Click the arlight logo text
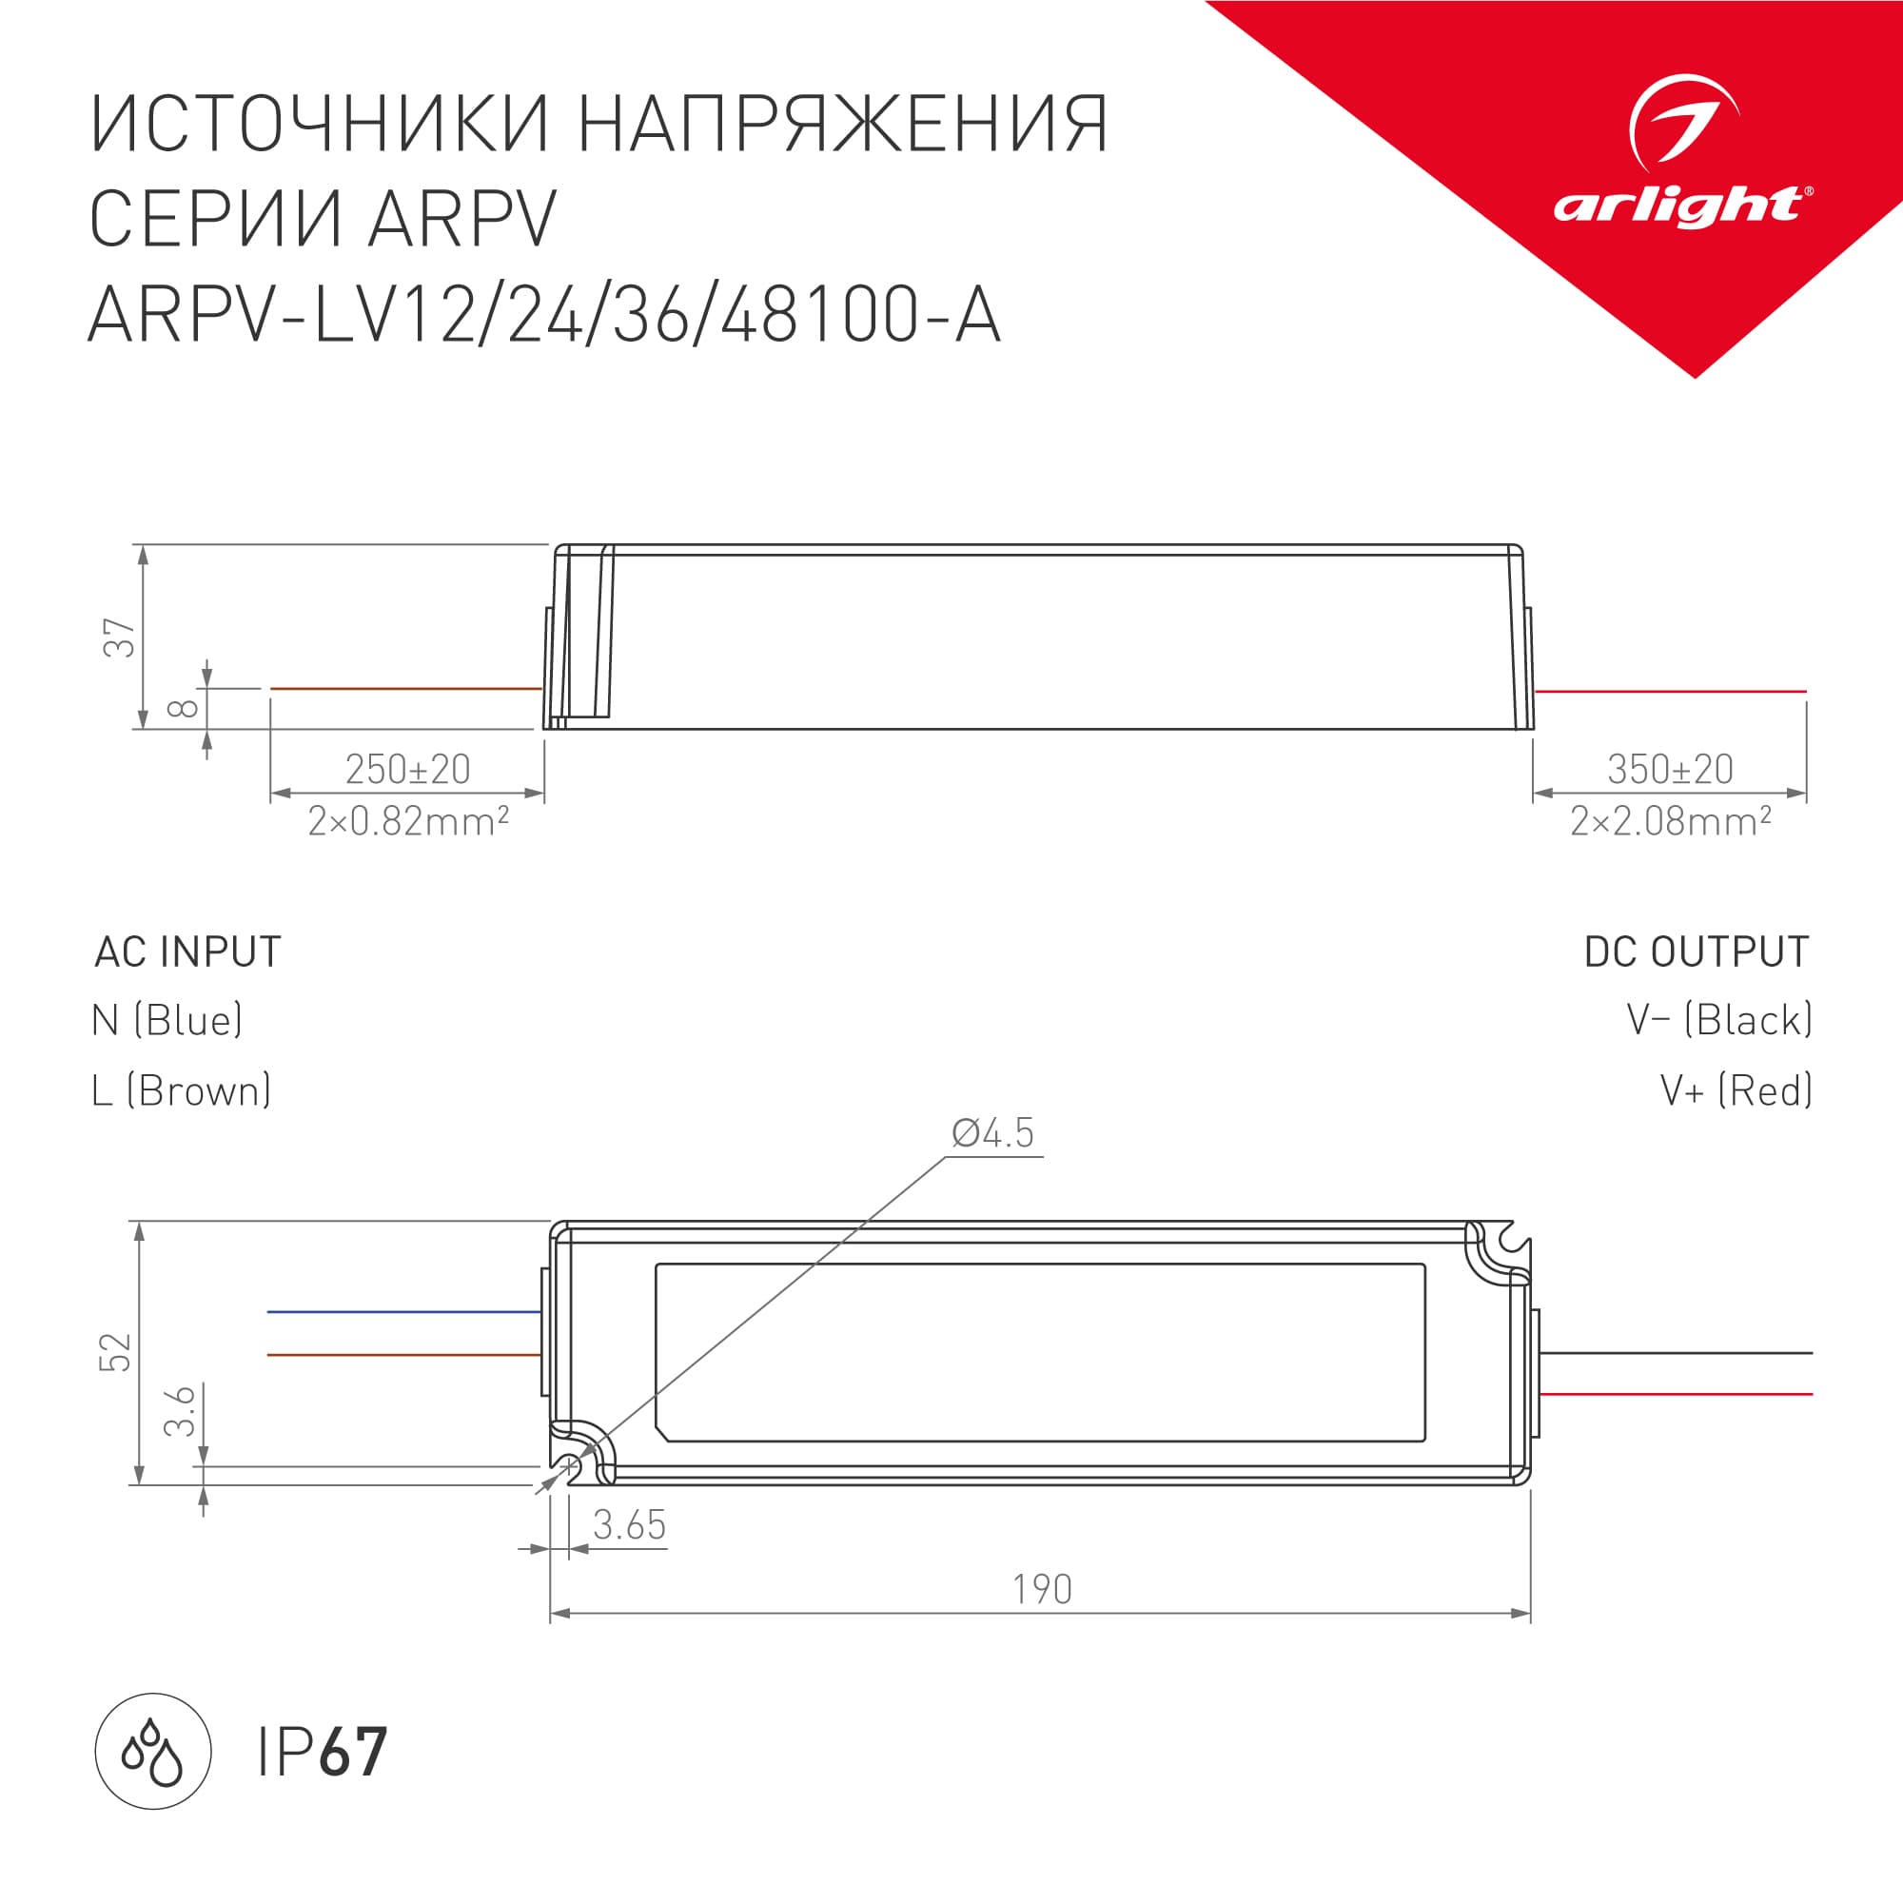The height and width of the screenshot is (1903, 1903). click(1680, 206)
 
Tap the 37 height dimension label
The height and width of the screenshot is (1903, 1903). click(119, 638)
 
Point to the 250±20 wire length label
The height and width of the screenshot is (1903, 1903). click(407, 769)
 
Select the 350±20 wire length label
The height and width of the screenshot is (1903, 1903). click(1670, 769)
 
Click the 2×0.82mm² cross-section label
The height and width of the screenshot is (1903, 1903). click(408, 820)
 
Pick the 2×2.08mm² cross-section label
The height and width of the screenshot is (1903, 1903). click(1671, 820)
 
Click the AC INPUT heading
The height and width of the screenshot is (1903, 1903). click(188, 952)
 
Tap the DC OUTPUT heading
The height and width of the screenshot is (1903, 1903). click(1697, 952)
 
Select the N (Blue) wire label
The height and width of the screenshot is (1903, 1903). click(167, 1020)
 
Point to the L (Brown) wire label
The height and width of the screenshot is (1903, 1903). click(181, 1091)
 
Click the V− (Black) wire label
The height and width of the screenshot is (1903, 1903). click(1718, 1020)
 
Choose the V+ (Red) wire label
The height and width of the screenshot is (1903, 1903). click(1736, 1091)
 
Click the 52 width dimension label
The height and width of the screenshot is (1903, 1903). click(115, 1352)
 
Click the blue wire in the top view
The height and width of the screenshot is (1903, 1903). click(403, 1312)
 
